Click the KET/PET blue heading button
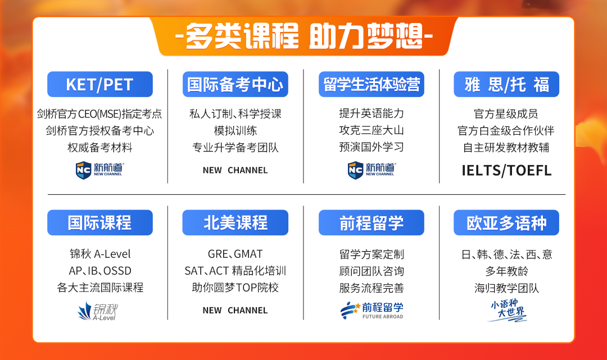pos(100,84)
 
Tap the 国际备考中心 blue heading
pos(235,84)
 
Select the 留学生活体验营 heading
pos(372,84)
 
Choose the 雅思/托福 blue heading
pos(506,84)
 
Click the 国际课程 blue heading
pos(100,223)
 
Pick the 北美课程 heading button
pos(235,223)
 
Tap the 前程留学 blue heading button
pos(372,223)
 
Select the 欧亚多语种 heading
pos(506,223)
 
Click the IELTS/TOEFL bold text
pos(506,171)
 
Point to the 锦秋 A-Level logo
pos(98,312)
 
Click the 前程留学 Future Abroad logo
pos(372,311)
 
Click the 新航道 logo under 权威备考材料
pos(99,170)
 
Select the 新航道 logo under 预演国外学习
pos(372,170)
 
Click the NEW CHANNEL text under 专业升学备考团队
pos(235,170)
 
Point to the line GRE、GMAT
pos(235,254)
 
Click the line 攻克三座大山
pos(372,130)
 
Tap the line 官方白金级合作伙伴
pos(506,131)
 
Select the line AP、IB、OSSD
pos(100,271)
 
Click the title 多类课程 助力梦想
pos(304,37)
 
